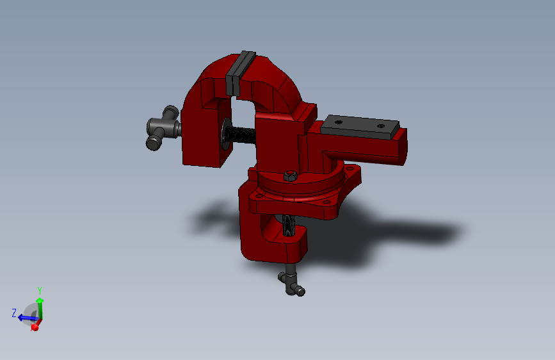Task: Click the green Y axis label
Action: (40, 291)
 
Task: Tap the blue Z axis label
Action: (14, 313)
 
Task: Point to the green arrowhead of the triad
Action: (40, 300)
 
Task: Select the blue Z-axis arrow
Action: (28, 318)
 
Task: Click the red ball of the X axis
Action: (35, 327)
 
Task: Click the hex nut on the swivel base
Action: (290, 176)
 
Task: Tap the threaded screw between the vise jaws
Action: (240, 135)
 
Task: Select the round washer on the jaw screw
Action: (225, 134)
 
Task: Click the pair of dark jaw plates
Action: (240, 72)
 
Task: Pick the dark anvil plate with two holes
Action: (360, 126)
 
